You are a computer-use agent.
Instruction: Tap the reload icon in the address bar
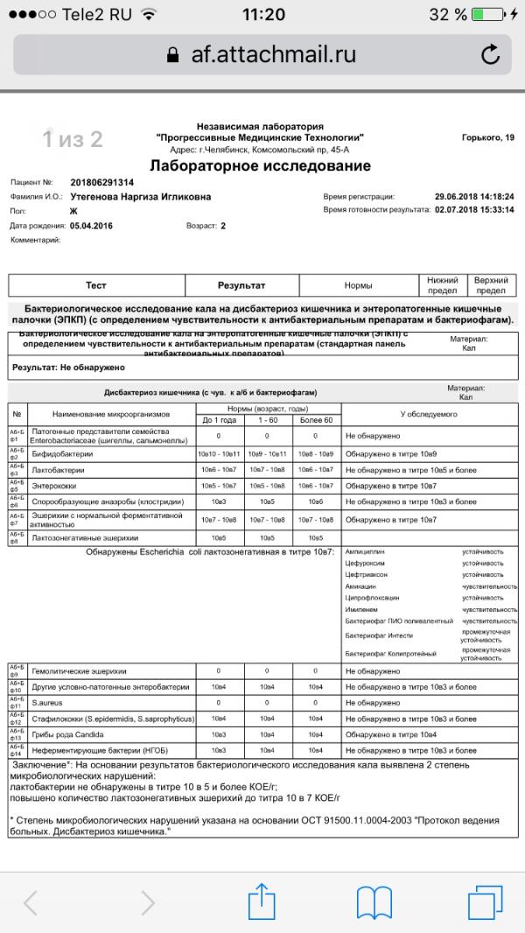point(491,53)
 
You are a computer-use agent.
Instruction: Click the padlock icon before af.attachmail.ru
point(172,54)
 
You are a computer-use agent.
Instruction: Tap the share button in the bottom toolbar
point(262,901)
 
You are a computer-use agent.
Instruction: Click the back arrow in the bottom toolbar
point(32,901)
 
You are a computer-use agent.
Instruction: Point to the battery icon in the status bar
point(486,15)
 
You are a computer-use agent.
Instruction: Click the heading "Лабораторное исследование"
point(260,166)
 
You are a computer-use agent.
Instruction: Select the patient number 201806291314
point(101,183)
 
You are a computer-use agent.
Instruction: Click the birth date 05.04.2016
point(91,226)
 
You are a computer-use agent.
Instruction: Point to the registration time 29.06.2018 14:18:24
point(473,197)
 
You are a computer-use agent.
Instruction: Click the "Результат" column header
point(241,285)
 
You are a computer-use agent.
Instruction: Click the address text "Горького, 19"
point(487,137)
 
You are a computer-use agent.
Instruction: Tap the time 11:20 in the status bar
point(262,15)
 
